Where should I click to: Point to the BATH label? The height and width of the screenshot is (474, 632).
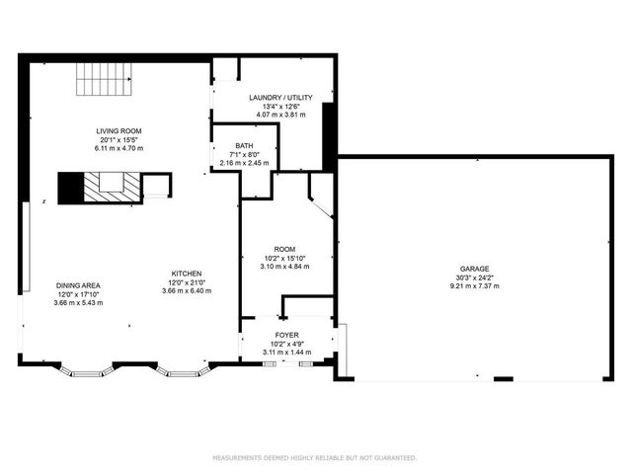point(243,145)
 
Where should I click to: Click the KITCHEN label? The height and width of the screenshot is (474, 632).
point(186,274)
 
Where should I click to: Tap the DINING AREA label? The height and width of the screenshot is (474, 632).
point(78,285)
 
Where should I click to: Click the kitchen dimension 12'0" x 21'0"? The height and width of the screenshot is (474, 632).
point(186,282)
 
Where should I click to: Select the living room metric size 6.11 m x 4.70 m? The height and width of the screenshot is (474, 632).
point(119,148)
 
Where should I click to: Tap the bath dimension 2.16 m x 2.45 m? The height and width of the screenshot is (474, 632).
point(243,162)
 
